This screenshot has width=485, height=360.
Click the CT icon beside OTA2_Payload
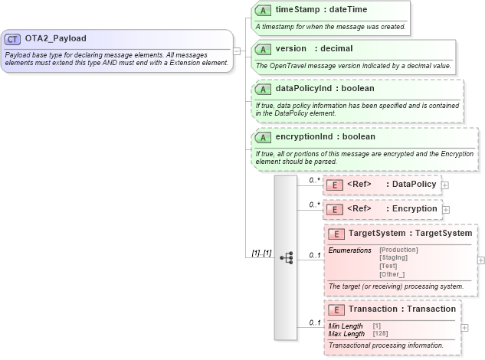point(14,38)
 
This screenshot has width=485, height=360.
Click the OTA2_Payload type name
point(55,38)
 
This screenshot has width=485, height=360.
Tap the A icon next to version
point(263,49)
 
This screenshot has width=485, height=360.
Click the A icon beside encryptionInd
point(263,137)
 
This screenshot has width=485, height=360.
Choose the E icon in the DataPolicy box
point(334,185)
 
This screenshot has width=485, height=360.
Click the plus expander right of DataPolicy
point(445,185)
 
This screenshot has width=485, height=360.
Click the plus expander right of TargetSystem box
point(480,260)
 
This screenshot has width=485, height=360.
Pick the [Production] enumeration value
point(398,250)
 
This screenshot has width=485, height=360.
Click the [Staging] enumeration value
point(393,257)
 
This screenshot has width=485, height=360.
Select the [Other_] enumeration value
point(392,273)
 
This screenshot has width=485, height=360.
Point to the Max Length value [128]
point(379,334)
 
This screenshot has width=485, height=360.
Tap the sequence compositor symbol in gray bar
point(286,258)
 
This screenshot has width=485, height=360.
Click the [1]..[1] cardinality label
point(261,254)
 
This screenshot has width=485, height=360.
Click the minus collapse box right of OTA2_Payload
point(238,51)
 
